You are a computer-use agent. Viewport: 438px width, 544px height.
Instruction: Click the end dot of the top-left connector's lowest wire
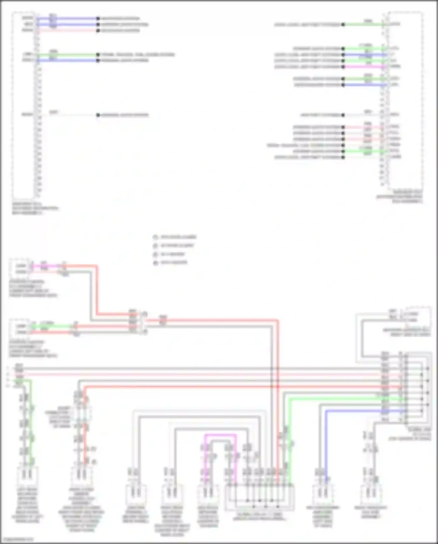pos(98,115)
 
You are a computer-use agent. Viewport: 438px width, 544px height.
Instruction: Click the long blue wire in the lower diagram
pos(362,411)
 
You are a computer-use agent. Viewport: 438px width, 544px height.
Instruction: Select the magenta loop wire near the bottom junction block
pos(220,435)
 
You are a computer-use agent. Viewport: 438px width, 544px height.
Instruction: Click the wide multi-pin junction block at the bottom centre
pos(259,497)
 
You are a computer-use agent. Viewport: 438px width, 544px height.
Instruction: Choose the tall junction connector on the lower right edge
pos(416,389)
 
